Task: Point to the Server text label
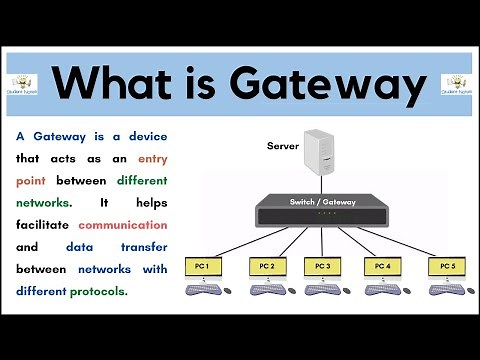(x=283, y=146)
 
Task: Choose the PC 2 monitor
(x=266, y=266)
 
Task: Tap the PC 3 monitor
(x=323, y=266)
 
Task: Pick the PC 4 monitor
(x=382, y=266)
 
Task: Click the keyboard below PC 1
(x=201, y=291)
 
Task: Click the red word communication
(x=122, y=225)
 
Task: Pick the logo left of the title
(x=24, y=82)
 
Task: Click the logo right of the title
(x=456, y=82)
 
